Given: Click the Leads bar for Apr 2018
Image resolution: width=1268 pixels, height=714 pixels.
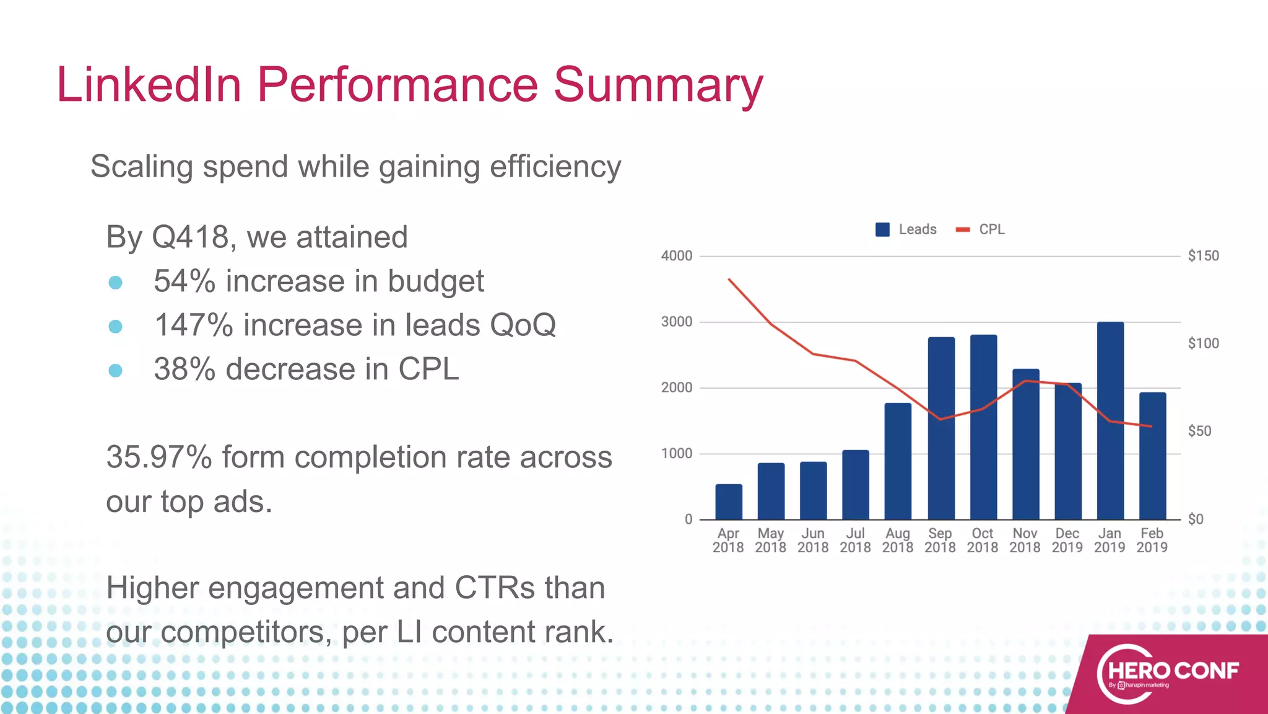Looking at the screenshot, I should click(x=729, y=502).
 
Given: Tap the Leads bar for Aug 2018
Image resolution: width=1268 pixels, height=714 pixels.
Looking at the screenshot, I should click(x=898, y=462).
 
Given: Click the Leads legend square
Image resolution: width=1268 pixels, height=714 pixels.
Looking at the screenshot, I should click(x=882, y=229).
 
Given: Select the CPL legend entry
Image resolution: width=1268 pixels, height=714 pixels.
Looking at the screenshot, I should click(x=981, y=229).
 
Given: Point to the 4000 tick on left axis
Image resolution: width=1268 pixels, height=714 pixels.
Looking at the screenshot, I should click(x=676, y=256).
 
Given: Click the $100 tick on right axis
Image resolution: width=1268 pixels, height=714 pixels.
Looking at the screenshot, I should click(x=1203, y=343).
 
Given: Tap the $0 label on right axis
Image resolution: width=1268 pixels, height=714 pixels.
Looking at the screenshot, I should click(x=1195, y=519).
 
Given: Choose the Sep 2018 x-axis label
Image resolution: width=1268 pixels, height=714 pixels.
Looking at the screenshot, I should click(x=940, y=540).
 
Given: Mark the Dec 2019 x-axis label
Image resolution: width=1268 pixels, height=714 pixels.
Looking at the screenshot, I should click(x=1067, y=540).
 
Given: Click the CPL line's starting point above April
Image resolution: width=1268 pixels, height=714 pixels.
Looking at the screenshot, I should click(x=729, y=280).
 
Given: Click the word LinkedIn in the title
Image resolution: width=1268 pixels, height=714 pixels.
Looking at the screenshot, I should click(x=149, y=85).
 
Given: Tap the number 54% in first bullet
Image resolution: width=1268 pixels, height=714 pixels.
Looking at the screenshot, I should click(x=184, y=281).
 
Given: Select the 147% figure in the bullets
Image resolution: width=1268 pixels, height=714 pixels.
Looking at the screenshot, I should click(x=193, y=325).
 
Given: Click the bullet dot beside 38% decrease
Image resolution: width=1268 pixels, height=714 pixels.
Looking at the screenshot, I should click(x=115, y=371).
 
